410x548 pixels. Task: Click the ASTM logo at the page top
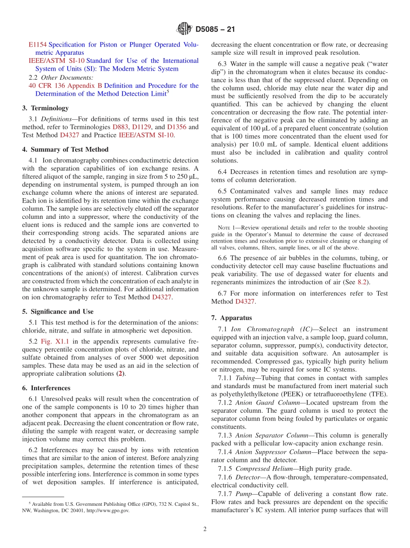184,30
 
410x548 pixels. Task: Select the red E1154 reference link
38,44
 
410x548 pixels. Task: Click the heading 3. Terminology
45,108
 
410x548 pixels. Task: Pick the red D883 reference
120,127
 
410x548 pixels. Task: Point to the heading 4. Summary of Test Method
65,149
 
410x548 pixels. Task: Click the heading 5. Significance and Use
58,311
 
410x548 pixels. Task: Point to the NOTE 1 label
227,228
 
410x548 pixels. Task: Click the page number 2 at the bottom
205,529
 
